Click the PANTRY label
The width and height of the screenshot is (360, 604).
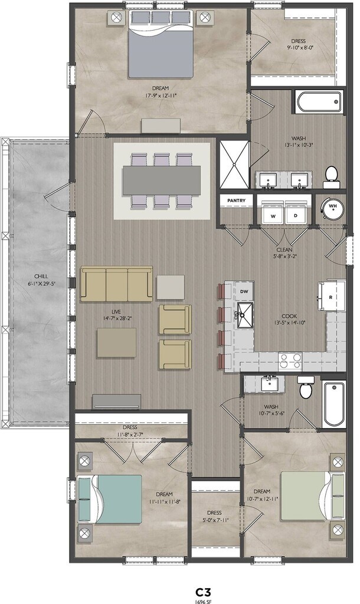[236, 201]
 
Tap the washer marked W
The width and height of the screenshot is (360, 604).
[273, 212]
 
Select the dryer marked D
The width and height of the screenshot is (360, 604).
[296, 212]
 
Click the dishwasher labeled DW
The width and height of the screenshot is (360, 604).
[244, 291]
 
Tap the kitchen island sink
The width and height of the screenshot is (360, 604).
[245, 315]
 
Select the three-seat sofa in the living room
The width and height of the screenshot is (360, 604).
[117, 284]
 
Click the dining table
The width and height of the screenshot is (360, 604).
[162, 180]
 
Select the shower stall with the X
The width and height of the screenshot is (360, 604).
[234, 165]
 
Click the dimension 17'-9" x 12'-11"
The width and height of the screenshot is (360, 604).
[161, 96]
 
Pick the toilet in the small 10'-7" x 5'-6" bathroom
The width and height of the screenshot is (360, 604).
[306, 388]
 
